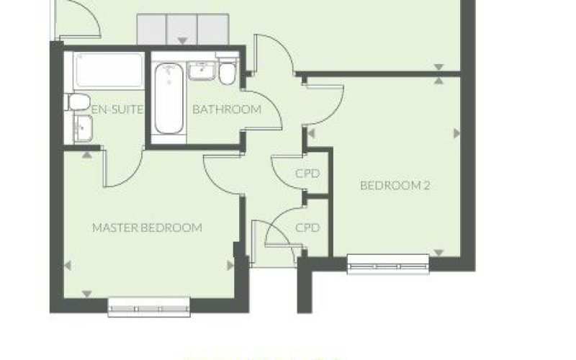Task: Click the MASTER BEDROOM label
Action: point(147,228)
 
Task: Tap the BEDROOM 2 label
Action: point(395,186)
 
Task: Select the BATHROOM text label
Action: point(227,109)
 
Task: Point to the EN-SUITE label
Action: point(117,109)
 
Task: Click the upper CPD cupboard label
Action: point(307,174)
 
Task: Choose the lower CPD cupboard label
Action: point(307,228)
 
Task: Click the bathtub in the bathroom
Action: point(169,99)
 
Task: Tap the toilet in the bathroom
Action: point(228,70)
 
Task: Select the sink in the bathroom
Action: point(201,71)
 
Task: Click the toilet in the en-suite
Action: point(78,102)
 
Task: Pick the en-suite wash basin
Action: point(84,129)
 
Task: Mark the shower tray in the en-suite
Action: point(109,70)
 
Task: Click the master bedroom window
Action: point(149,307)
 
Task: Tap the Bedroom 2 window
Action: point(388,264)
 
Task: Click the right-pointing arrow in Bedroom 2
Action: point(457,133)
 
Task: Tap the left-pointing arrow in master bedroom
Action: point(68,265)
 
